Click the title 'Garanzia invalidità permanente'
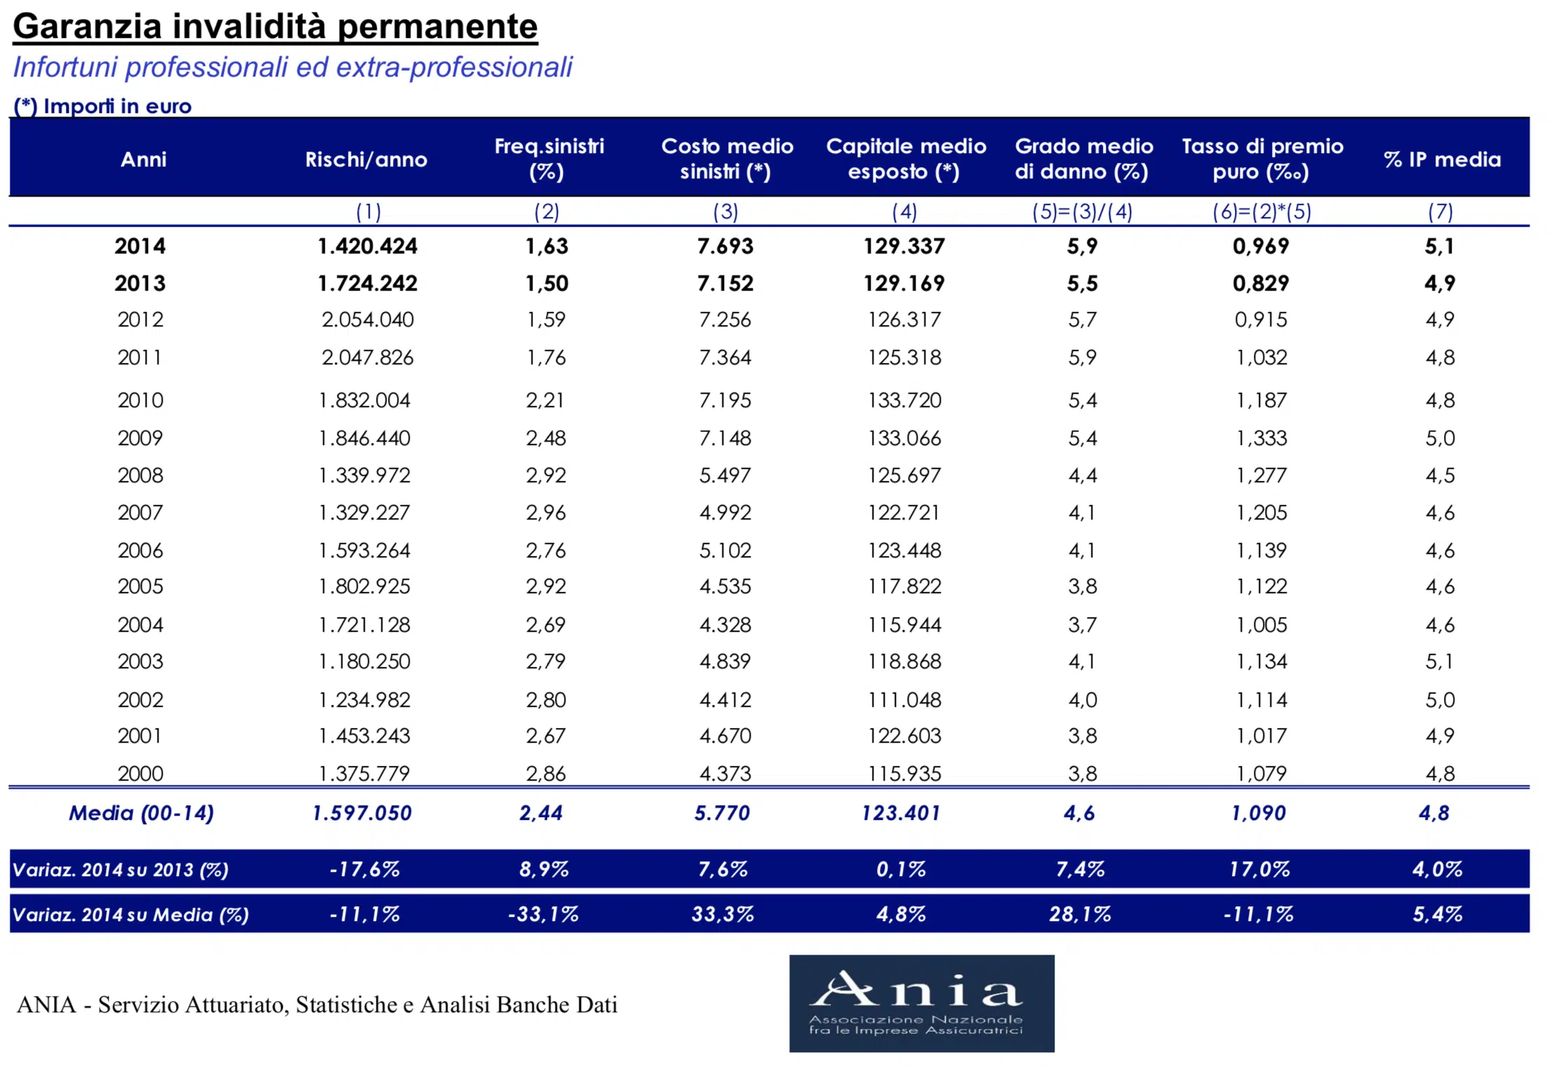[x=275, y=27]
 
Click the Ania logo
[x=921, y=1003]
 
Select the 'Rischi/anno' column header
[x=366, y=159]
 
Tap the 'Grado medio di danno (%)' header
[x=1083, y=159]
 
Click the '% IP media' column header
[x=1443, y=159]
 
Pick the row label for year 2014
[x=140, y=246]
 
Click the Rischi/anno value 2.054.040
[x=368, y=319]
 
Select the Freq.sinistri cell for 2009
[x=546, y=438]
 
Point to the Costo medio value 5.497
[x=725, y=475]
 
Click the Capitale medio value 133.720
[x=904, y=400]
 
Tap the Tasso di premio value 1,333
[x=1262, y=438]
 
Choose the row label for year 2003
[x=140, y=661]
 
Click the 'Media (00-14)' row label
[x=141, y=813]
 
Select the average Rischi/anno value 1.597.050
[x=362, y=813]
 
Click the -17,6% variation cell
[x=365, y=869]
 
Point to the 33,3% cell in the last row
[x=723, y=914]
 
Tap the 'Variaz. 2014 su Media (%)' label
[x=131, y=915]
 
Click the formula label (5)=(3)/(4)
[x=1082, y=211]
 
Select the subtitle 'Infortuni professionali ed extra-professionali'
[x=293, y=67]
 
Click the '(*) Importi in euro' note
[x=102, y=106]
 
